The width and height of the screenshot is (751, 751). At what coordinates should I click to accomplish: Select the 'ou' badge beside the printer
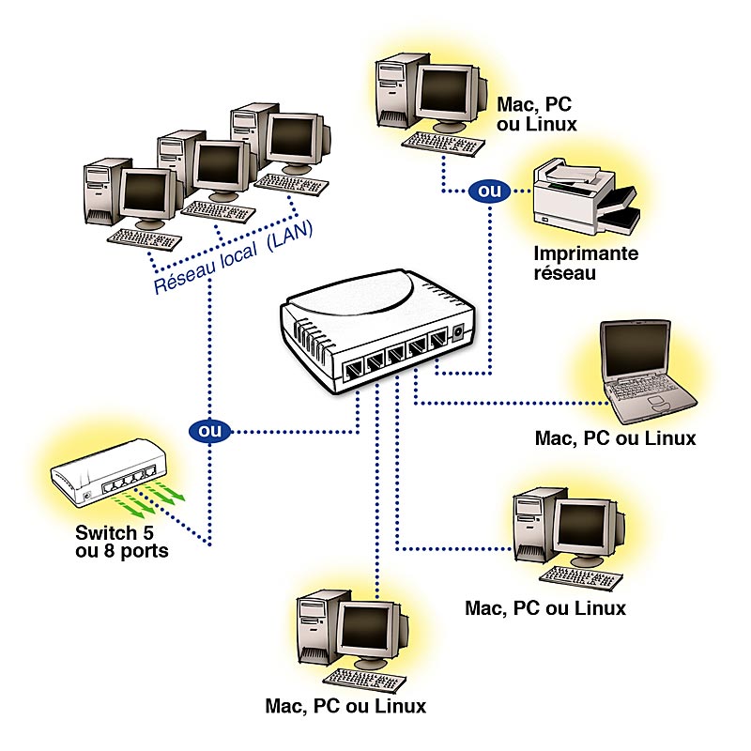[487, 192]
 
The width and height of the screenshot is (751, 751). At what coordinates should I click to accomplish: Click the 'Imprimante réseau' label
[586, 263]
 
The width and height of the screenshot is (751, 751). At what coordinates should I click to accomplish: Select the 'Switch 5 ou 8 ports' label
[121, 542]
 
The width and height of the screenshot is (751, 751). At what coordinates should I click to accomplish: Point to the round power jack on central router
[457, 332]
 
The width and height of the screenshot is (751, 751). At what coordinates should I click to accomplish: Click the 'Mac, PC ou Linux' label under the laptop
[615, 437]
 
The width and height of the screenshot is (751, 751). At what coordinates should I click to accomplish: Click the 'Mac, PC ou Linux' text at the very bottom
[345, 705]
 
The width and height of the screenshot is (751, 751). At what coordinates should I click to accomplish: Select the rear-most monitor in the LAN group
[289, 139]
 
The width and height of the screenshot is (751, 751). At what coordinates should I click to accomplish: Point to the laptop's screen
[636, 351]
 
